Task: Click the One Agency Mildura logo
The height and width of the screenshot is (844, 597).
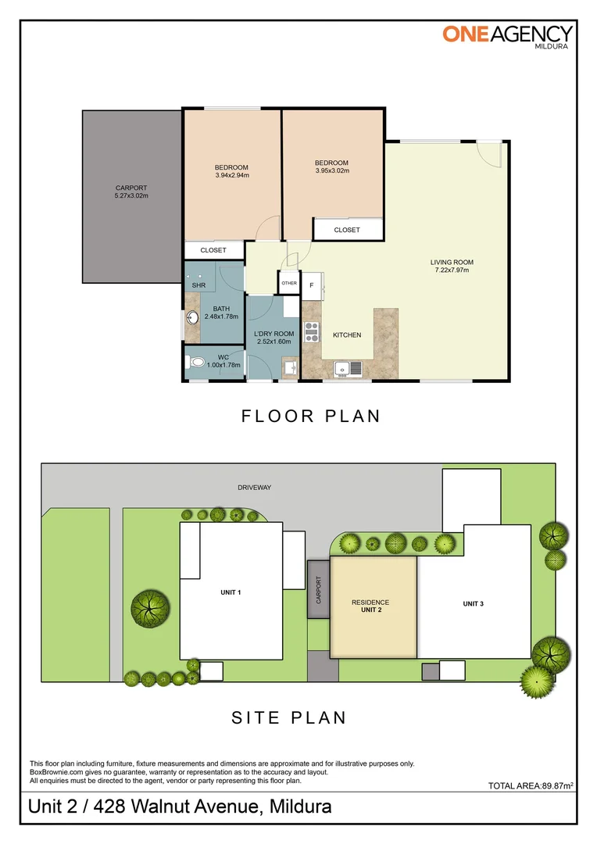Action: click(508, 37)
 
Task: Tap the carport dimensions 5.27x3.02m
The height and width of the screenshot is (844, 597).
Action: click(131, 196)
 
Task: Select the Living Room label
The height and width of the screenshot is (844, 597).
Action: click(452, 262)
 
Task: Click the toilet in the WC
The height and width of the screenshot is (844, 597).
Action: click(196, 363)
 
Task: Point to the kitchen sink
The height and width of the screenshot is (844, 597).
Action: click(349, 369)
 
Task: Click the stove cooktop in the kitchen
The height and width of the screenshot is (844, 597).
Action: click(312, 332)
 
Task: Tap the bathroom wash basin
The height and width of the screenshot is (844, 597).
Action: click(191, 318)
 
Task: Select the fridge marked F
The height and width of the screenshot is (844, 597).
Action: click(313, 286)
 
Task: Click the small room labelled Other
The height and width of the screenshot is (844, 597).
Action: click(289, 283)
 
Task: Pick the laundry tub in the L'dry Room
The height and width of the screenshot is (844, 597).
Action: click(290, 369)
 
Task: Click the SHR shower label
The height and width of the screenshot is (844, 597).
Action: click(198, 285)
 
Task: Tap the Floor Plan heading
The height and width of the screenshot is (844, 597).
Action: click(311, 416)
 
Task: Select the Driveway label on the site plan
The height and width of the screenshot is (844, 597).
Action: click(255, 488)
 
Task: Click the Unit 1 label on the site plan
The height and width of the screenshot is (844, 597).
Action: click(231, 592)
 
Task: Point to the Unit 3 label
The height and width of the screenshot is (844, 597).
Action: click(474, 604)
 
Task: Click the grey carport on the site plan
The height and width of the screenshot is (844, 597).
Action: click(319, 589)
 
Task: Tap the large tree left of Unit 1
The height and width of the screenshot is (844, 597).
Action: click(150, 609)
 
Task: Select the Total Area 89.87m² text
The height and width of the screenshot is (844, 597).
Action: click(531, 785)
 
